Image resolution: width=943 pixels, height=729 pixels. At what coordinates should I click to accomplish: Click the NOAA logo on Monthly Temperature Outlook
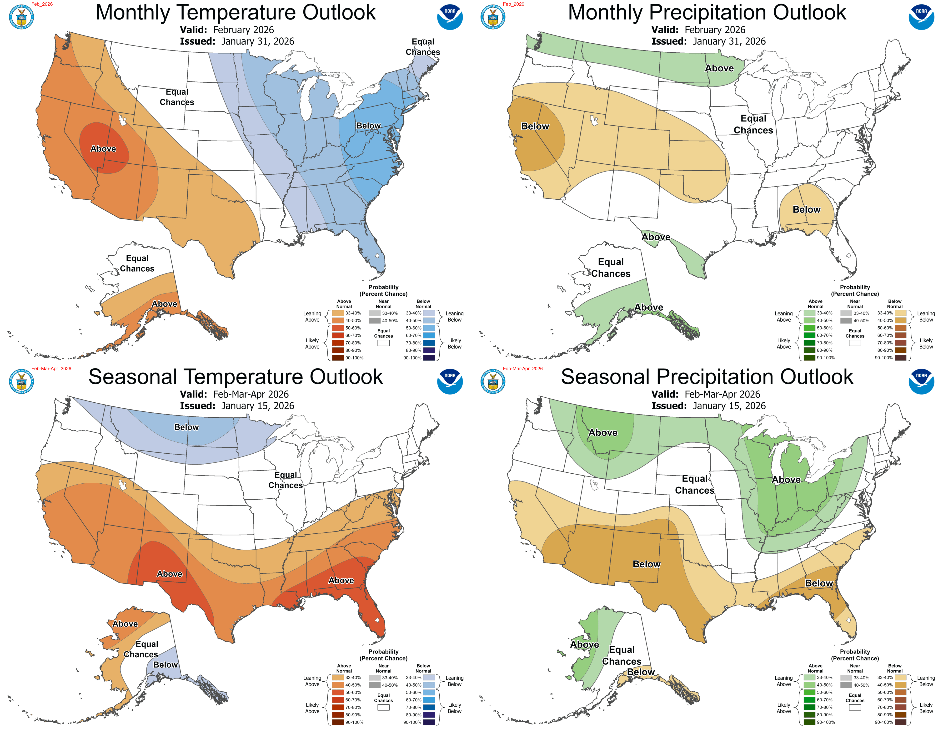point(450,17)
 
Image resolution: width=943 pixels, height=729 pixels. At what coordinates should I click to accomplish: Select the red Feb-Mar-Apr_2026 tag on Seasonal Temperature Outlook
point(51,368)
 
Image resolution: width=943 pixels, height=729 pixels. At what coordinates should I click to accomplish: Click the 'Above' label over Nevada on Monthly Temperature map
point(103,149)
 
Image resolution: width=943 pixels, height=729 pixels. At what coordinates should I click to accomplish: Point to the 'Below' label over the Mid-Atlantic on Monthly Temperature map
point(368,126)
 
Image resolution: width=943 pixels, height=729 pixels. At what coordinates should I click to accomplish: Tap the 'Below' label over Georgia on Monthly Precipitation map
point(806,209)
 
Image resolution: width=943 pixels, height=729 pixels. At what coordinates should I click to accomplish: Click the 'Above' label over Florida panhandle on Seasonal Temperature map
point(341,580)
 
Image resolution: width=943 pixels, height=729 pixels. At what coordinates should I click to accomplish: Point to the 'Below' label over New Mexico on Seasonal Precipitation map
point(646,564)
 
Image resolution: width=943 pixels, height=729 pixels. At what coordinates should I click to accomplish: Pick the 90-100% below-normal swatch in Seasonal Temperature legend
point(429,722)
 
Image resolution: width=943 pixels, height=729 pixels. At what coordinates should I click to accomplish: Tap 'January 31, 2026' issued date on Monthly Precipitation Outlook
point(729,41)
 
